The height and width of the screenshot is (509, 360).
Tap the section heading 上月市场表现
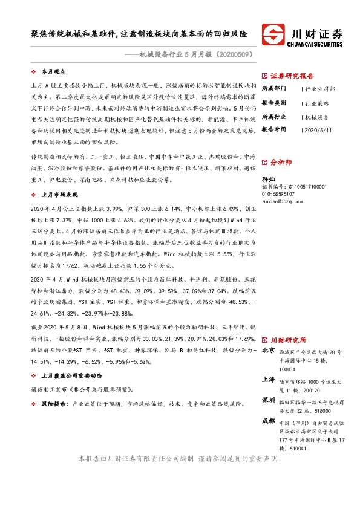tap(59, 195)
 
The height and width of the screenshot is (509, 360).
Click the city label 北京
tap(269, 351)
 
